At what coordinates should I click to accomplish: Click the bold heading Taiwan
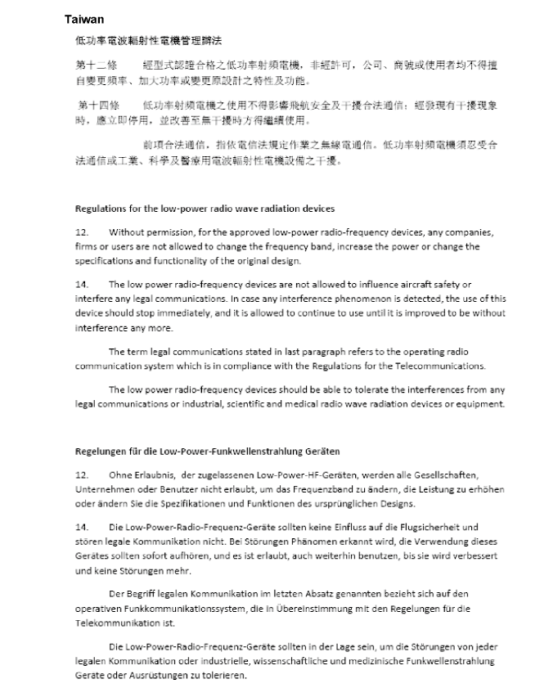pos(84,17)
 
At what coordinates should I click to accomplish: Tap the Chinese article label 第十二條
pos(97,64)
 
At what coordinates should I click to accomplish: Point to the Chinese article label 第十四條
pos(99,106)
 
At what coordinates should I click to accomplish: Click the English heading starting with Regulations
pos(205,209)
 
